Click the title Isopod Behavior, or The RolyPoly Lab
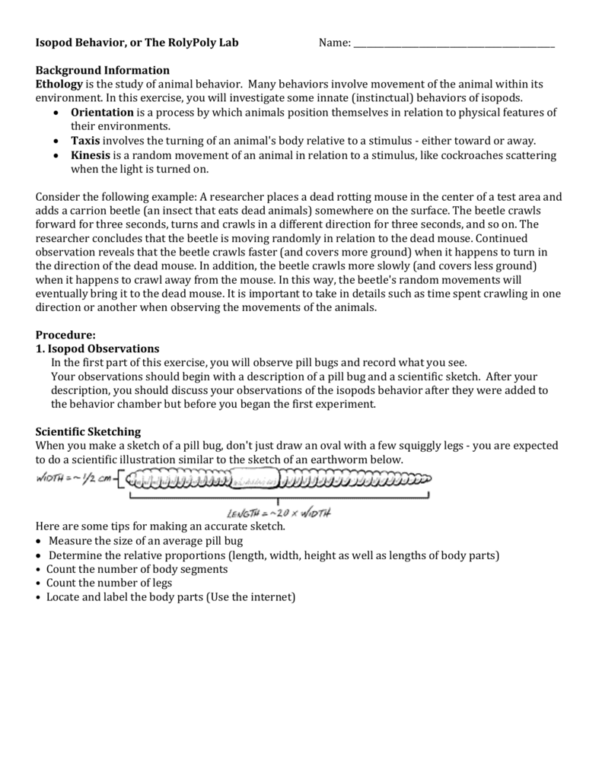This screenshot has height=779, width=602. (x=137, y=43)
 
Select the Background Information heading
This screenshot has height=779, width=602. (x=103, y=70)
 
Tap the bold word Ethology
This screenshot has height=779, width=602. (x=59, y=84)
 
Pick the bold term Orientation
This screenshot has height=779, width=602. (x=102, y=113)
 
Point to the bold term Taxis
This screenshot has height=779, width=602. (x=85, y=141)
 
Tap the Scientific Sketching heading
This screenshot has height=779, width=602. (x=88, y=432)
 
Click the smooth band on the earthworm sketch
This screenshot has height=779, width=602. (x=254, y=481)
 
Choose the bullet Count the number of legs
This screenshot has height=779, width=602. (x=109, y=583)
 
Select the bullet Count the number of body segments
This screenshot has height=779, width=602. (x=137, y=569)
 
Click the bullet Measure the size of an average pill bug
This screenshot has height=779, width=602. (x=145, y=541)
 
